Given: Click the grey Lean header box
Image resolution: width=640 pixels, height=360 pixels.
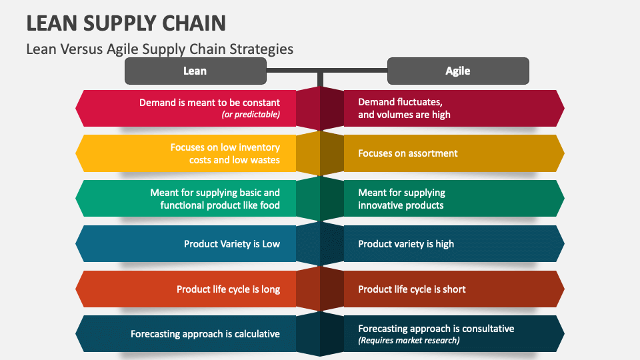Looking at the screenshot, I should coord(195,71).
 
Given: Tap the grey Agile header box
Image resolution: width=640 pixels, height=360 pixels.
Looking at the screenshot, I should coord(458,71).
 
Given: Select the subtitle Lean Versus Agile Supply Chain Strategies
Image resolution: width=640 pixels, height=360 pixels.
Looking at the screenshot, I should coord(159,49).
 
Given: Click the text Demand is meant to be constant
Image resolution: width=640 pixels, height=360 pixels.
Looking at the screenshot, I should coord(209,103).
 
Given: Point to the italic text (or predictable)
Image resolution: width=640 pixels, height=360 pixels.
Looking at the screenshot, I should coord(251,115).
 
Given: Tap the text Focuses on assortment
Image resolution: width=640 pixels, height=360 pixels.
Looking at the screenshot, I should coord(408,153).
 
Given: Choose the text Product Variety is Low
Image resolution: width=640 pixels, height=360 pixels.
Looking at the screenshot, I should coord(232,244).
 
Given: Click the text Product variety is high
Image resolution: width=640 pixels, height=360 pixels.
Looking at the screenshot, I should coord(406,244).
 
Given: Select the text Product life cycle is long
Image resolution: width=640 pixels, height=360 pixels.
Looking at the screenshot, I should coord(228,289).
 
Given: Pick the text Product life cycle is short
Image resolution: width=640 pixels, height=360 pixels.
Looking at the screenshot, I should coord(412,289).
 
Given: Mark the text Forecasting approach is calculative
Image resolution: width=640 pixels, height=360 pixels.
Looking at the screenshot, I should coord(205,334).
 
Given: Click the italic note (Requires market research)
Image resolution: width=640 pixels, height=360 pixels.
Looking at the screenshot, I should coord(409,341).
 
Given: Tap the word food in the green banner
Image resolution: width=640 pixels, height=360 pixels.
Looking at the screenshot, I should coord(269,205).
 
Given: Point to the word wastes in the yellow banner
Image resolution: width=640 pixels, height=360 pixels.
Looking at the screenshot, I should coord(266,160).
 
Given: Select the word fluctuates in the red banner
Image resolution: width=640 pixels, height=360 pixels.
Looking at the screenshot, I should coord(420,103).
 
